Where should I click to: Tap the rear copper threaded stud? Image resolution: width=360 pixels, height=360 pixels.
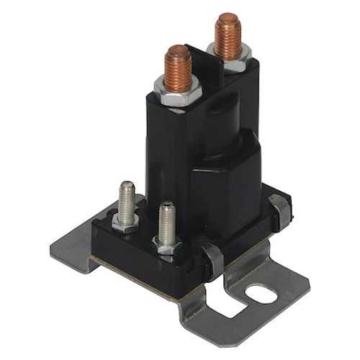[x=228, y=36]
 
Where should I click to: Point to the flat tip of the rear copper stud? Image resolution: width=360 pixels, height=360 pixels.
[x=228, y=18]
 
